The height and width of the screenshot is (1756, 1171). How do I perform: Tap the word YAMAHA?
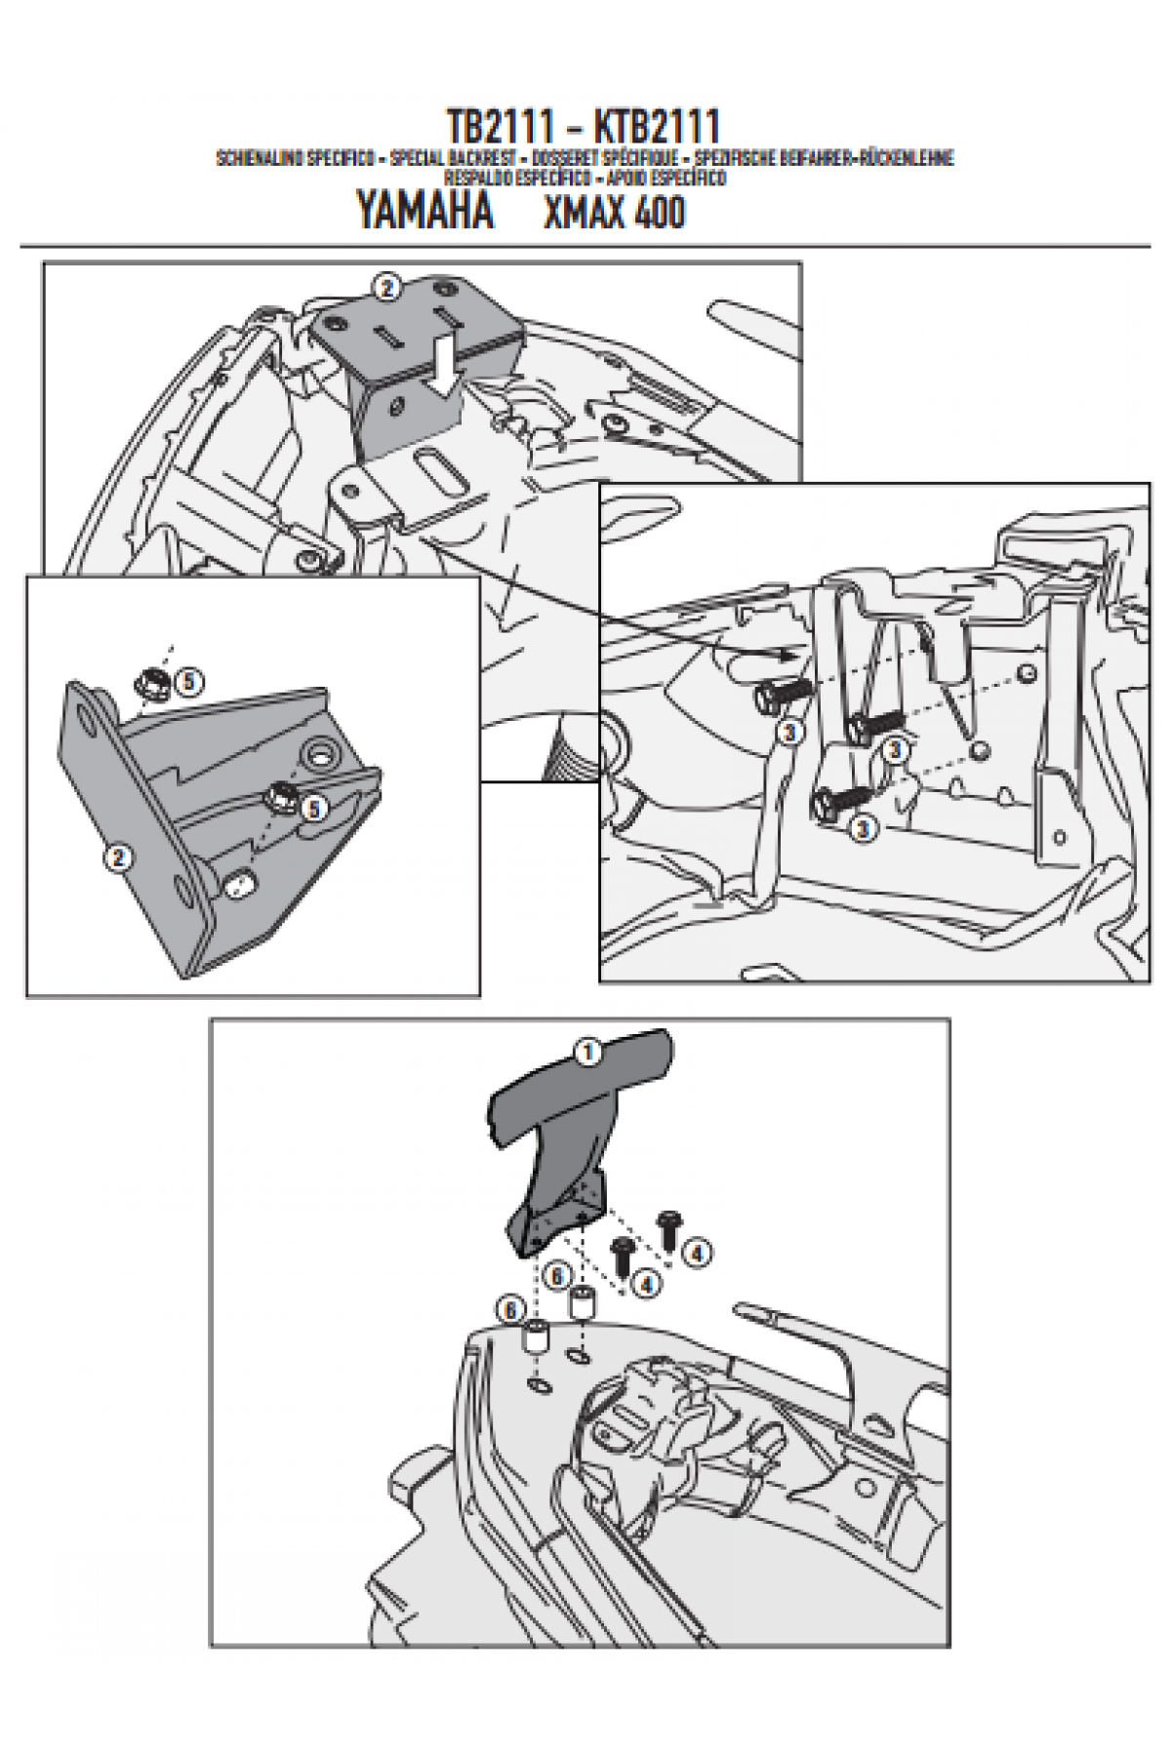pos(424,211)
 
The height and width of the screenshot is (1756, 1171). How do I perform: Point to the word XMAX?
pos(583,213)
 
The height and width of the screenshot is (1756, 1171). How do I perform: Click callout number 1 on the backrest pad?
pos(586,1052)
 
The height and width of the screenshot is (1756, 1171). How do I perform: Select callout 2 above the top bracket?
pos(387,288)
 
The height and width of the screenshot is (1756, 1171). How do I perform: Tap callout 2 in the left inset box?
pos(118,857)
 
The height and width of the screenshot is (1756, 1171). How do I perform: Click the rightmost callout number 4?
pos(695,1251)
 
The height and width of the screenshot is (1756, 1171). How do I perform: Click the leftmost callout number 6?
pos(511,1312)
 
